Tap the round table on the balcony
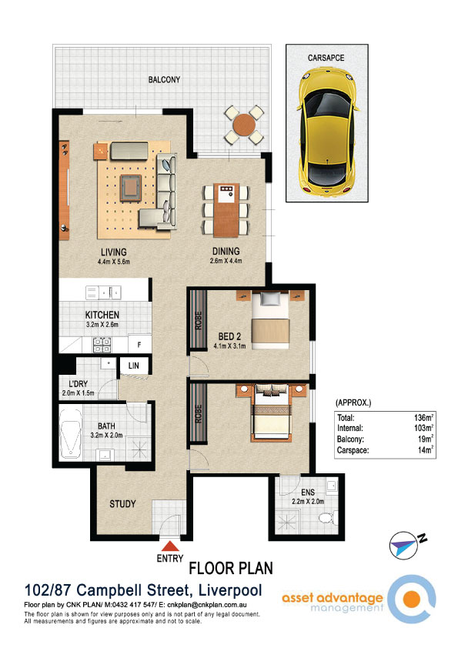244,125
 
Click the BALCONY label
164,79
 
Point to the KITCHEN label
102,315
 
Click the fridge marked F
139,344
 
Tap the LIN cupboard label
133,366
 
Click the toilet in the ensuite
329,517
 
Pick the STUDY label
122,504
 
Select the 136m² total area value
423,417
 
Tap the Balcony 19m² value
426,439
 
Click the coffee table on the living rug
131,189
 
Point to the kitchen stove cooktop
102,345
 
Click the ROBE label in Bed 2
199,320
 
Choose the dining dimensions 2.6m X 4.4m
226,261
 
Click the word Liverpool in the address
230,590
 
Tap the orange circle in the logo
411,599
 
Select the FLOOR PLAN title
231,568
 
